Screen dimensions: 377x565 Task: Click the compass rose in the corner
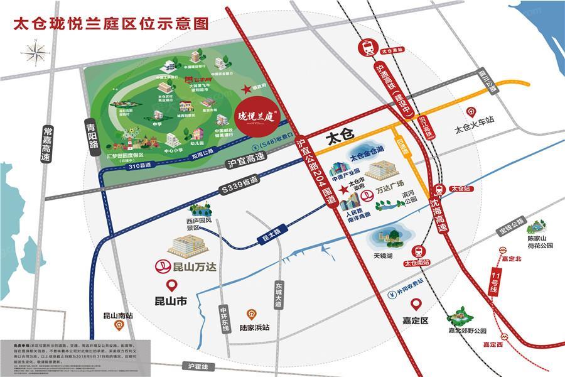pyautogui.click(x=36, y=52)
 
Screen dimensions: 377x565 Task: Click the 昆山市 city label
pyautogui.click(x=171, y=301)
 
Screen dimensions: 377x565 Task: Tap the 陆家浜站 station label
pyautogui.click(x=255, y=327)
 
